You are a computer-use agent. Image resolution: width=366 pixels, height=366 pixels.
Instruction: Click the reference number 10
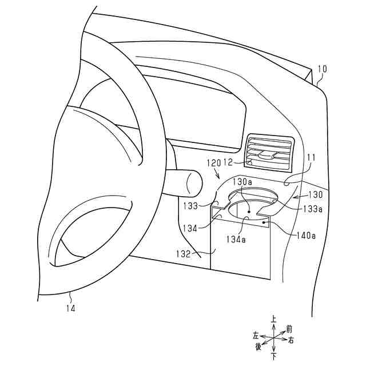[x=322, y=70]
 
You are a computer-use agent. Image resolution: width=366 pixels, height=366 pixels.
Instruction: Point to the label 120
[x=213, y=163]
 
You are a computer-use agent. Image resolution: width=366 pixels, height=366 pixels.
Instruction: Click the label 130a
[x=242, y=181]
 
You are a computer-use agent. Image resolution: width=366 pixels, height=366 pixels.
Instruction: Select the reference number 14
[x=70, y=308]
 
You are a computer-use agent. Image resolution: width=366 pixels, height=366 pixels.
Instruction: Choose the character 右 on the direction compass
[x=291, y=341]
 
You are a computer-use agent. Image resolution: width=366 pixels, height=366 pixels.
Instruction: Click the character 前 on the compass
[x=289, y=329]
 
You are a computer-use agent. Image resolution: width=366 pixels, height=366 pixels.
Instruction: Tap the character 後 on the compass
[x=258, y=347]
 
